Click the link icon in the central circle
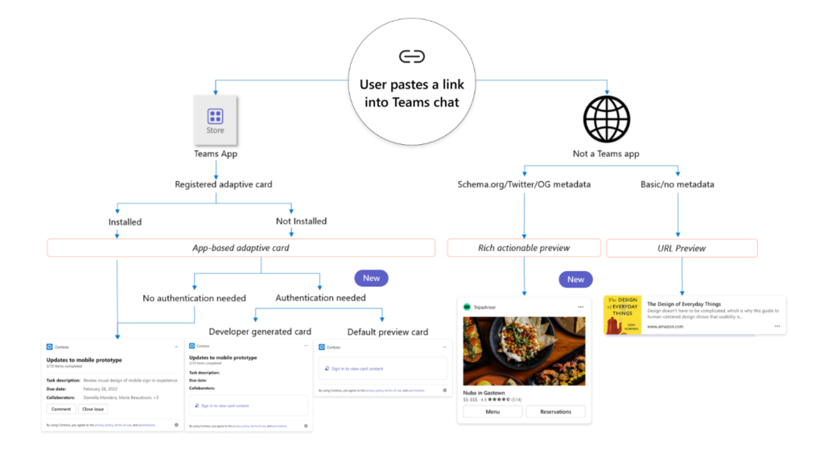click(411, 56)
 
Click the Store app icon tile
click(215, 121)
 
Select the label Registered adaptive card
click(223, 184)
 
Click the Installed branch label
click(125, 221)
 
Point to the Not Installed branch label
click(300, 221)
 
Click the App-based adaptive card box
click(241, 248)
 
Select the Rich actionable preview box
click(524, 248)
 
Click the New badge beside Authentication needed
click(371, 278)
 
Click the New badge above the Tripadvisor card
click(575, 279)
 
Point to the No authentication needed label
click(194, 298)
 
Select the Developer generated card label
click(259, 332)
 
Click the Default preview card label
click(387, 332)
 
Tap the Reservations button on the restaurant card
click(555, 411)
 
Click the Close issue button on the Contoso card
click(93, 409)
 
